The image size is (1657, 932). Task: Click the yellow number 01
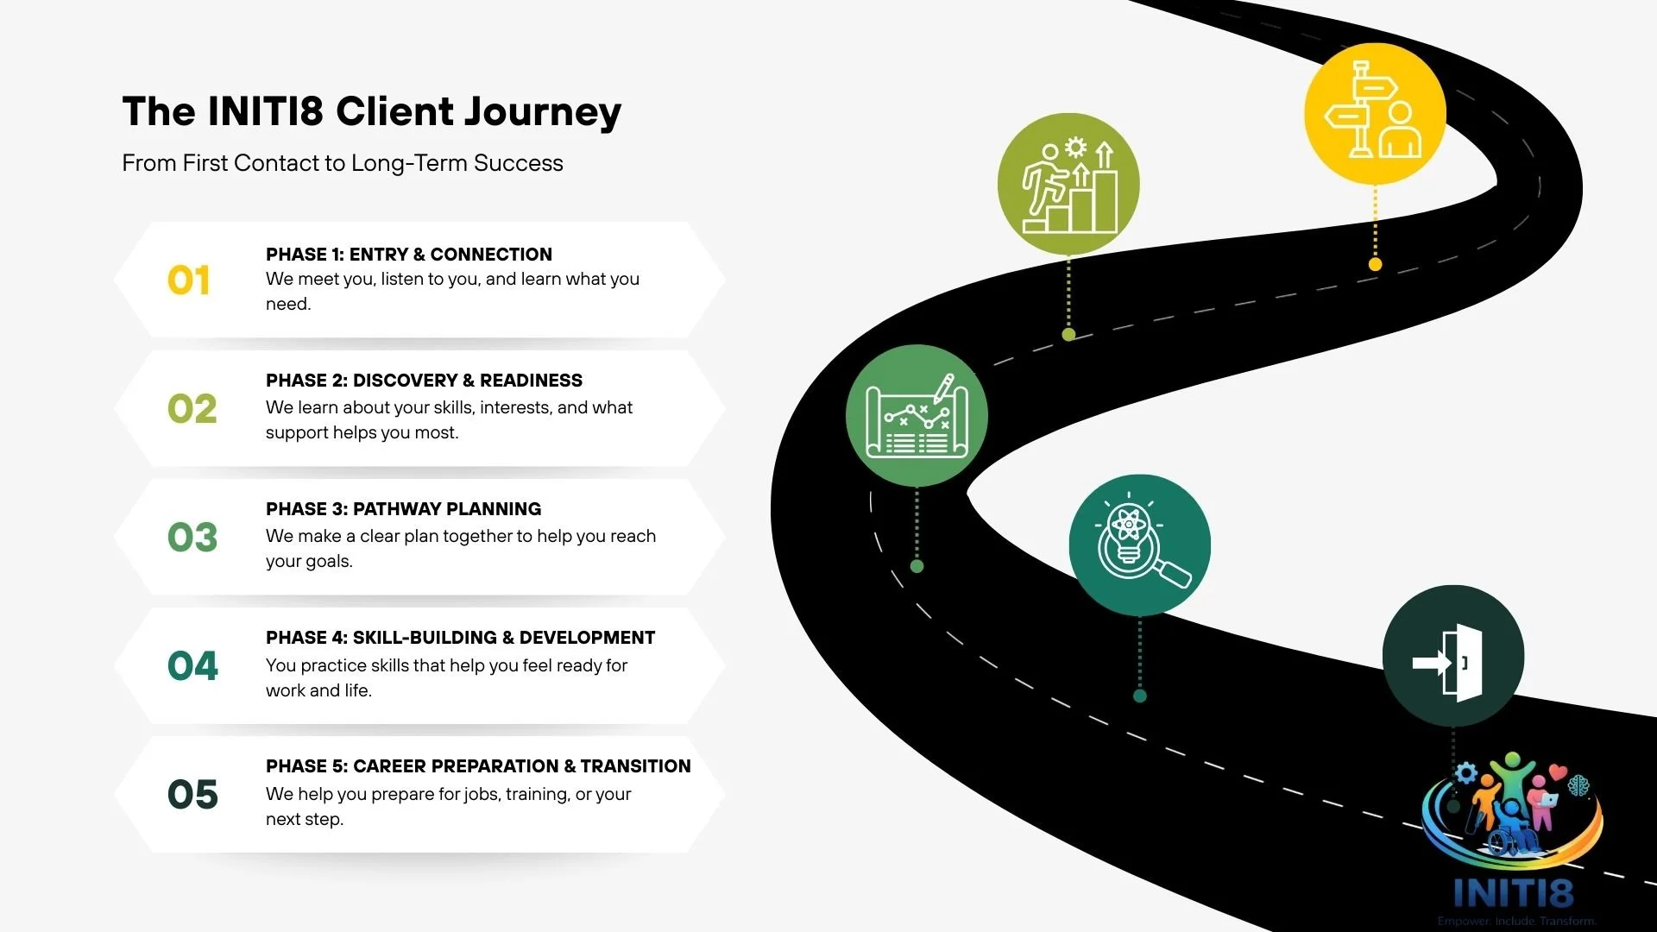click(x=189, y=281)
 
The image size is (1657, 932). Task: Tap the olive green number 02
click(x=192, y=409)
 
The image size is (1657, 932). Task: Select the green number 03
click(x=192, y=538)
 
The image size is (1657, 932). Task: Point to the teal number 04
click(x=192, y=666)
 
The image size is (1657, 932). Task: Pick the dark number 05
click(x=192, y=795)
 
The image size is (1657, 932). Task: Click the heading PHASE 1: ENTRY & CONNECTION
click(x=408, y=255)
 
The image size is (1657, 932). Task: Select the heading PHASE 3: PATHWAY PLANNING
click(x=403, y=509)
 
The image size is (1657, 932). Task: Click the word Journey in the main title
click(x=543, y=112)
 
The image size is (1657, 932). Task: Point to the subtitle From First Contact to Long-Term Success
click(x=342, y=163)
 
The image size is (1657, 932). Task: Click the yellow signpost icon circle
click(x=1374, y=113)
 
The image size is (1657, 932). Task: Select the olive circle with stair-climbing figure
click(x=1068, y=184)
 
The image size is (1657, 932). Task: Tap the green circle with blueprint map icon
click(x=917, y=415)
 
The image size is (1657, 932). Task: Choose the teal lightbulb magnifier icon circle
click(x=1139, y=545)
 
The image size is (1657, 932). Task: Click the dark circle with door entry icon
click(x=1452, y=656)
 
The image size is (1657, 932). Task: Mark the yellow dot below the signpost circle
click(x=1375, y=264)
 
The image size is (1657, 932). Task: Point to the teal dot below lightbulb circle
click(x=1139, y=696)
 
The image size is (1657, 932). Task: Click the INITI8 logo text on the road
click(x=1513, y=893)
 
